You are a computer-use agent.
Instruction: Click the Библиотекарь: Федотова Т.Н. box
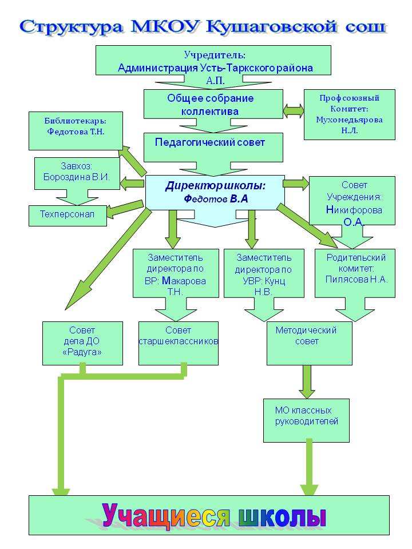point(76,131)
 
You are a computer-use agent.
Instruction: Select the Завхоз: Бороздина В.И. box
point(77,173)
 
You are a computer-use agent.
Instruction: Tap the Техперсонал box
point(68,216)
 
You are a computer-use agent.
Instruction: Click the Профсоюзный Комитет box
point(349,114)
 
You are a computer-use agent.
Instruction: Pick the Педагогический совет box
point(213,148)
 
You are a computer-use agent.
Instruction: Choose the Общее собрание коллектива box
point(213,104)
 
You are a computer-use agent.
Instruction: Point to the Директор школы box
point(215,193)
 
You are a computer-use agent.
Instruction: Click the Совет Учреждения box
point(352,201)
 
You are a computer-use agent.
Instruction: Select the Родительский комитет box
point(355,273)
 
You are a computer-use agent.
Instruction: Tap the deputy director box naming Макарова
point(176,273)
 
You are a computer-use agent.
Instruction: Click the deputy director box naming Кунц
point(264,273)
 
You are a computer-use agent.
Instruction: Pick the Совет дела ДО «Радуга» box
point(82,344)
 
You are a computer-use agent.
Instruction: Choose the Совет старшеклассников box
point(179,344)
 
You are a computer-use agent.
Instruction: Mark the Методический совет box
point(310,344)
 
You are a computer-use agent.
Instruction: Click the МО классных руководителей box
point(307,420)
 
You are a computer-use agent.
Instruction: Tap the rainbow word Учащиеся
point(166,516)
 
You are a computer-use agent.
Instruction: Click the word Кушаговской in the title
point(271,27)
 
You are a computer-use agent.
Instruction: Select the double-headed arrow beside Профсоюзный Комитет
point(294,110)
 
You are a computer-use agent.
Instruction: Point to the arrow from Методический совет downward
point(307,382)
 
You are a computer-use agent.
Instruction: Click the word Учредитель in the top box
point(215,55)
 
